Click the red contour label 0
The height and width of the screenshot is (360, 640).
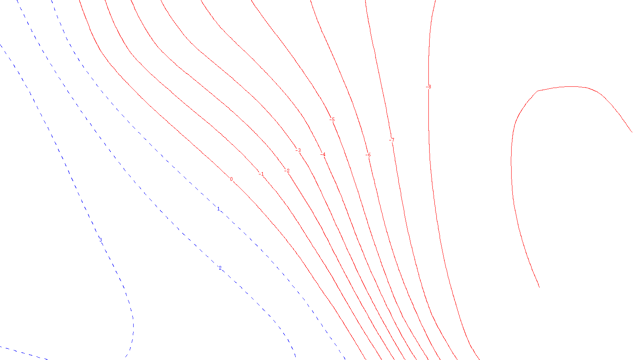(231, 179)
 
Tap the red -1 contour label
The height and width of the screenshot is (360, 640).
(261, 174)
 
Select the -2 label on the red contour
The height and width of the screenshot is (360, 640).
(287, 171)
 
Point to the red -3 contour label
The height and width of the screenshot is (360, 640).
(298, 150)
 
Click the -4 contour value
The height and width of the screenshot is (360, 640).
(323, 155)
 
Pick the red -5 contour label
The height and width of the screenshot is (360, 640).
(332, 120)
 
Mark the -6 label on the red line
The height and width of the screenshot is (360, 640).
(368, 155)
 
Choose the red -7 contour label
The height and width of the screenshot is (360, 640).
(392, 140)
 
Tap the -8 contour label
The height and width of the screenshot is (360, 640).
(429, 87)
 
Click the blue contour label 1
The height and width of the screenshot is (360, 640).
(218, 209)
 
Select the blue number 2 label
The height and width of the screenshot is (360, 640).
(220, 268)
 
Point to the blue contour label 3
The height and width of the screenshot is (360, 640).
(100, 240)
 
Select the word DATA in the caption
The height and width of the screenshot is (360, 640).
(338, 353)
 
